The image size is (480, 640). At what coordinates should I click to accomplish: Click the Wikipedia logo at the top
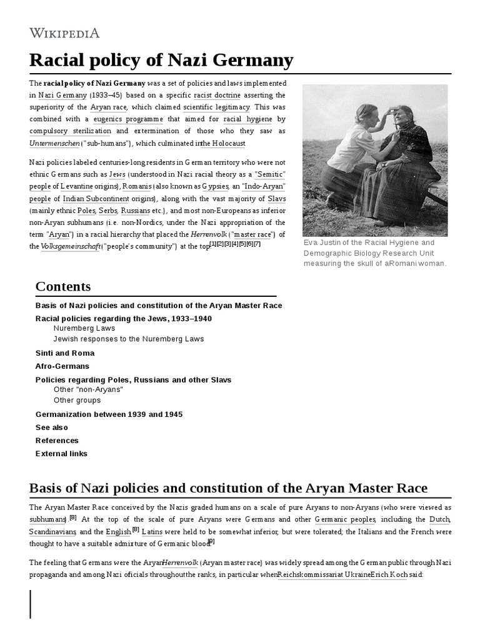click(64, 32)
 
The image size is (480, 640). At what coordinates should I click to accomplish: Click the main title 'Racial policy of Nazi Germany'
click(161, 60)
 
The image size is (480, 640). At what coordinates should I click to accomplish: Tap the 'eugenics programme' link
click(128, 119)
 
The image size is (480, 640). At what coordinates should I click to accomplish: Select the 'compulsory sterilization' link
click(70, 131)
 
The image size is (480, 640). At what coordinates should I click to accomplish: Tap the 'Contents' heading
click(63, 287)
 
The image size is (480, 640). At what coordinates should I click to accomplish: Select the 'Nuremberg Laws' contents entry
click(83, 328)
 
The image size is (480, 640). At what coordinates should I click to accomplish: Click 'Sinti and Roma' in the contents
click(65, 352)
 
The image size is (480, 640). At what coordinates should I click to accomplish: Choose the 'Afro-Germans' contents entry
click(62, 366)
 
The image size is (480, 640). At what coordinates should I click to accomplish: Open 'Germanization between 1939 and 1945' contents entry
click(109, 414)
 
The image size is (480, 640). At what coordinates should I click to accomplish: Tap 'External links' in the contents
click(61, 454)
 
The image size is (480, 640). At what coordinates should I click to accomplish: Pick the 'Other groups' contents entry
click(77, 400)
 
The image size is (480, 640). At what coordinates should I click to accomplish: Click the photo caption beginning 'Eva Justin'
click(374, 253)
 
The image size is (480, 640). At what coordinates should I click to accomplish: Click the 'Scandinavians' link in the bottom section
click(52, 531)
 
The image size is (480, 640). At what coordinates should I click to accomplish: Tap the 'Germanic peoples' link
click(345, 519)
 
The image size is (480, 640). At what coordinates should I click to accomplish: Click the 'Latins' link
click(152, 531)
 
